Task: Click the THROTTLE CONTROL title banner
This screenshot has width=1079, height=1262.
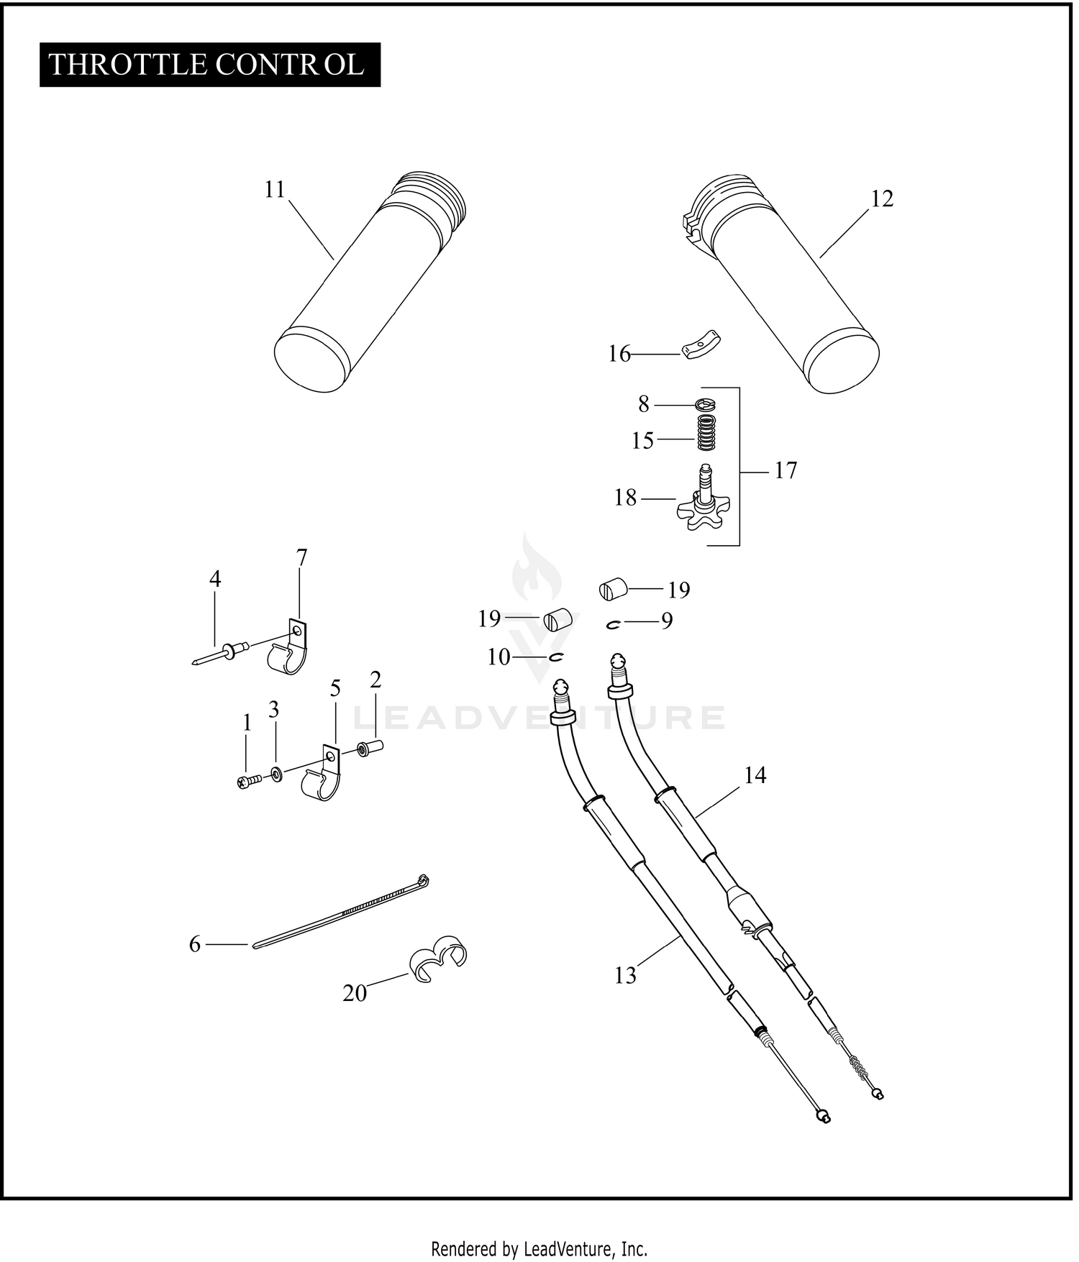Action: [x=209, y=65]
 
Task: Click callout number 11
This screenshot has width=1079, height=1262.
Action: [x=275, y=190]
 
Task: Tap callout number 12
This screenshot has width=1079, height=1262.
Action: [x=882, y=199]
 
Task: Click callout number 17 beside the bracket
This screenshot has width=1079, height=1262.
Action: [x=786, y=470]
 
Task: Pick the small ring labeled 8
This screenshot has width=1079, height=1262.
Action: [x=706, y=405]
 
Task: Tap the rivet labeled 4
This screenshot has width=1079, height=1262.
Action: [x=222, y=652]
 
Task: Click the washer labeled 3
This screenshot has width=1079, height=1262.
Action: [x=276, y=774]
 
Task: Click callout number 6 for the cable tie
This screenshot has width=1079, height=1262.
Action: [x=195, y=944]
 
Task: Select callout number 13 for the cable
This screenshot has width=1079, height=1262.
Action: [x=625, y=976]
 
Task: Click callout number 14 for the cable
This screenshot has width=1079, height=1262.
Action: [x=755, y=775]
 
